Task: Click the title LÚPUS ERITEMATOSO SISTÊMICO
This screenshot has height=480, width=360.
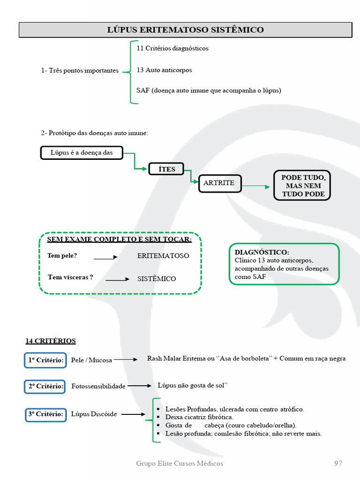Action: click(x=186, y=30)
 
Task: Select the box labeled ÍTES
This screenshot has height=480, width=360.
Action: click(x=166, y=169)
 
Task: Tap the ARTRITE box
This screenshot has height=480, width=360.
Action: click(x=219, y=183)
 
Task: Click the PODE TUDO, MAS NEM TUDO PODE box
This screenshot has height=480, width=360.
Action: click(x=302, y=186)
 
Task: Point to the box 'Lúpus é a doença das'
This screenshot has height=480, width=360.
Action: click(x=82, y=153)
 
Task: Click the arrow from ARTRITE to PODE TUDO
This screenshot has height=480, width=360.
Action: click(x=256, y=186)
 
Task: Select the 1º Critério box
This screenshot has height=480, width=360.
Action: click(x=45, y=360)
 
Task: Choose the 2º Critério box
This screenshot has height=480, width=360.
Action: click(x=45, y=386)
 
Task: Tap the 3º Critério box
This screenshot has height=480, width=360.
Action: click(x=45, y=414)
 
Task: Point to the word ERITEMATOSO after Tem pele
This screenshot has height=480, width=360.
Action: click(x=163, y=256)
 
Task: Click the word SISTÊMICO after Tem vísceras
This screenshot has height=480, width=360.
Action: click(x=157, y=279)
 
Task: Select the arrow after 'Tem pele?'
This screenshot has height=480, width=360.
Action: click(x=105, y=257)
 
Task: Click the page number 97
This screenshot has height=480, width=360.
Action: click(x=338, y=464)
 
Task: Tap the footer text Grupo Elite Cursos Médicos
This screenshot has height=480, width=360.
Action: click(x=180, y=464)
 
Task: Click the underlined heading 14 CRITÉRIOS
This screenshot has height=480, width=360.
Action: click(x=50, y=341)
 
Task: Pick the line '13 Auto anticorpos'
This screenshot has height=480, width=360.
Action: click(x=164, y=70)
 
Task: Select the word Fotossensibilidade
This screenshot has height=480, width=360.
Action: click(x=98, y=386)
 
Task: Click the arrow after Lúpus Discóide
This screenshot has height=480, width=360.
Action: click(x=134, y=414)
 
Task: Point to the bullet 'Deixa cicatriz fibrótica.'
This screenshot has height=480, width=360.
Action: click(x=199, y=417)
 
